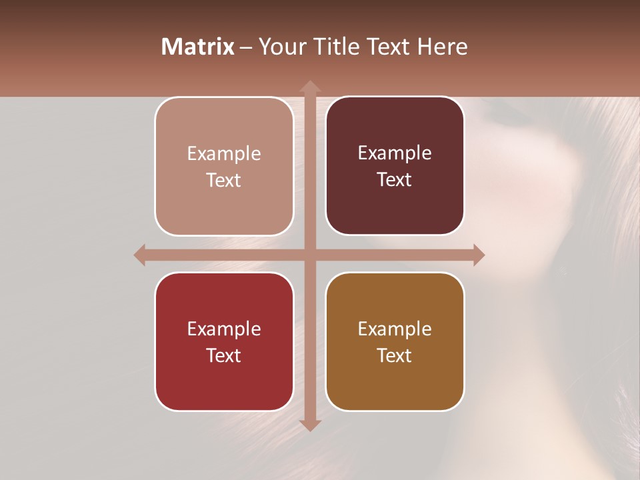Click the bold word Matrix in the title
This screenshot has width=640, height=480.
(198, 46)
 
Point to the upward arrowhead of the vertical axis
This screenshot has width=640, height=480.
(309, 86)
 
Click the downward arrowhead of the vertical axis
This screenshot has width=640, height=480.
(309, 425)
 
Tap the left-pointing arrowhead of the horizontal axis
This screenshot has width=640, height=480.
(140, 255)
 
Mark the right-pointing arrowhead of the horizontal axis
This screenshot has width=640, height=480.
(478, 255)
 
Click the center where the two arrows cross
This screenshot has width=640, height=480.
(309, 255)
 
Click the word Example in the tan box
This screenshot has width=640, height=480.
(224, 154)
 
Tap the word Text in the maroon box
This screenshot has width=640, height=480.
(395, 180)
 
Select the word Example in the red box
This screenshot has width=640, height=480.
(224, 329)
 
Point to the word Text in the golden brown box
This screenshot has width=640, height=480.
(395, 355)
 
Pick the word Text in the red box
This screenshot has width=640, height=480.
(224, 355)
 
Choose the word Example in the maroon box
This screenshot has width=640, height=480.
(395, 153)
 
